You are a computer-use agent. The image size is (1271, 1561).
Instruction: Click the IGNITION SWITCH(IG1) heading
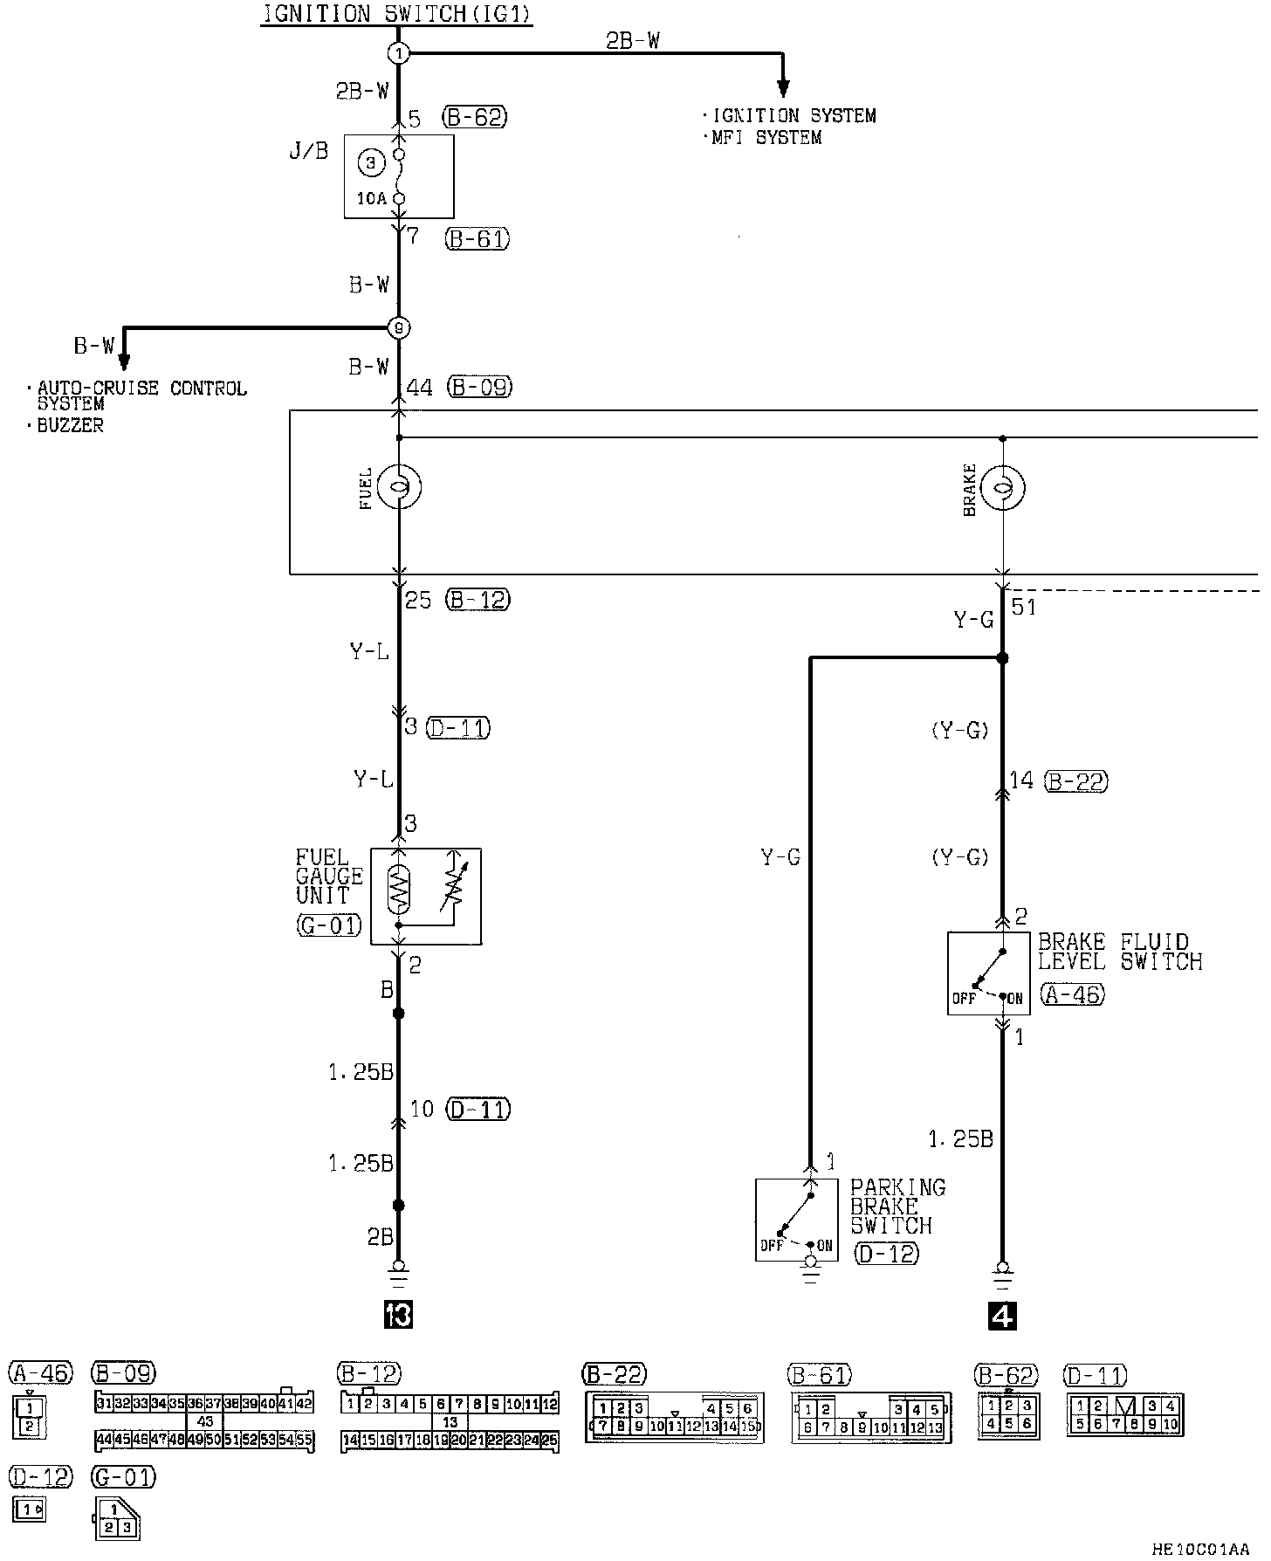[396, 14]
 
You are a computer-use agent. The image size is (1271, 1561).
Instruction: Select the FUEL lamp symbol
[399, 486]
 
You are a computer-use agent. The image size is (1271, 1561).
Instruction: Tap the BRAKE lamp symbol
[1003, 487]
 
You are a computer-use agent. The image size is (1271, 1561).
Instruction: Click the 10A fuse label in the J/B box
[371, 198]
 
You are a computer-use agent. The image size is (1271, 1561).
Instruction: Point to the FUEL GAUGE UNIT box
[426, 896]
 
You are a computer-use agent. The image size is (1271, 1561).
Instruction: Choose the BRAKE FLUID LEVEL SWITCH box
[988, 973]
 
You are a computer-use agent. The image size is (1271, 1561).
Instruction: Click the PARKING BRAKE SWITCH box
[796, 1219]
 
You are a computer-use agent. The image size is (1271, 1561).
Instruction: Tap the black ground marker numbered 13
[398, 1315]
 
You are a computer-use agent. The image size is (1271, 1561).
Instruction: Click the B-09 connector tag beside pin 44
[480, 387]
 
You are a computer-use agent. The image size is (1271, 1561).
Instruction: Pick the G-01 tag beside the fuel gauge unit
[329, 925]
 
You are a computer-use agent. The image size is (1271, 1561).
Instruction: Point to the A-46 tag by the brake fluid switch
[1073, 994]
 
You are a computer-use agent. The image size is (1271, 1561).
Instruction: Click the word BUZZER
[71, 426]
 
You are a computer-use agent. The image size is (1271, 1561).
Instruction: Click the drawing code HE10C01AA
[1200, 1550]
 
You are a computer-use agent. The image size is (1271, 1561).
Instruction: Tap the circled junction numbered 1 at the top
[398, 53]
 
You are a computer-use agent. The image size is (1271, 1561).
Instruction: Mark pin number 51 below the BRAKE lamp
[1023, 606]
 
